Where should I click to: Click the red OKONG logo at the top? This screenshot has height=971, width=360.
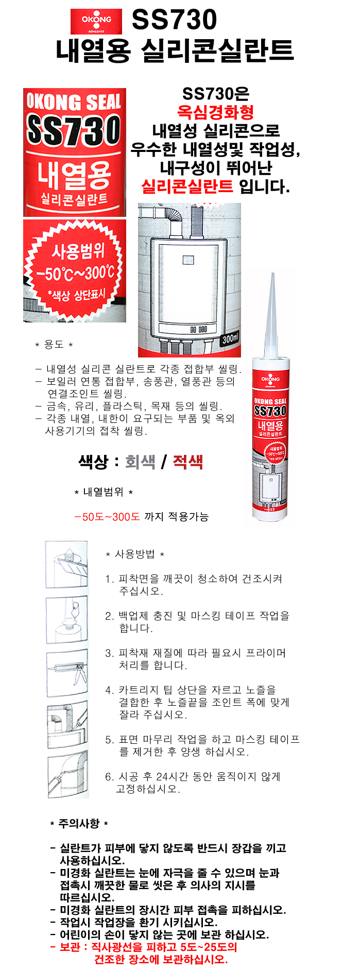[x=96, y=21]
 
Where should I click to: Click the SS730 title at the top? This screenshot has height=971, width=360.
[x=174, y=20]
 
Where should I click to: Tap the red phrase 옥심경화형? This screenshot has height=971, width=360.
[x=215, y=112]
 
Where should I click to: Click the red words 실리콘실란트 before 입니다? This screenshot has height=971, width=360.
[x=187, y=186]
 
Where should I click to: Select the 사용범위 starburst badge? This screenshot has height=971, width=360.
[x=75, y=271]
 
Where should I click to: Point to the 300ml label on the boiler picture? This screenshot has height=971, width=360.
[x=230, y=339]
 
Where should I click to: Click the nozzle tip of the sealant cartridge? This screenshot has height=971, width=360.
[x=273, y=276]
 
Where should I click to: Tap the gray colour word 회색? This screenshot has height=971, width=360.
[x=140, y=462]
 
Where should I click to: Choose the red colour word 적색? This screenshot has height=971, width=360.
[x=187, y=462]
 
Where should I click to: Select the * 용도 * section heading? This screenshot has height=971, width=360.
[x=54, y=345]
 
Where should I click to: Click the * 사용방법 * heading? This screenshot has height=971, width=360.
[x=135, y=554]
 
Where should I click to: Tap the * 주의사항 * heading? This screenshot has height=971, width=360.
[x=79, y=824]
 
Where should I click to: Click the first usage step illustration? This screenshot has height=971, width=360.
[x=66, y=565]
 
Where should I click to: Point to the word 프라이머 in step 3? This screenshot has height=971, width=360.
[x=266, y=653]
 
